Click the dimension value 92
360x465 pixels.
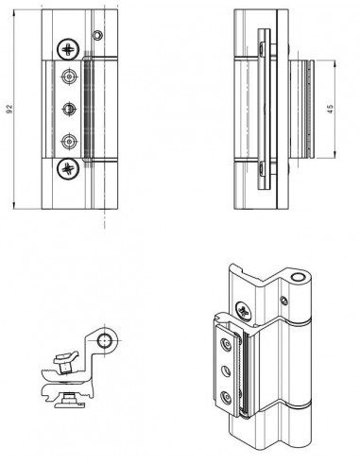9,109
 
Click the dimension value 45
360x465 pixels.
330,109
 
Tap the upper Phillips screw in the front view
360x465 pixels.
68,49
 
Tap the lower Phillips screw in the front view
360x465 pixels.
68,169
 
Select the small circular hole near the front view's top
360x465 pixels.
97,35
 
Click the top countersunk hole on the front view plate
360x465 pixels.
69,77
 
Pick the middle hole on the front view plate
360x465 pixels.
69,109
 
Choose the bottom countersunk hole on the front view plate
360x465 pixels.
68,141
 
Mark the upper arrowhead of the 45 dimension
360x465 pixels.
334,63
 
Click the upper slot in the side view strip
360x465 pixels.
262,48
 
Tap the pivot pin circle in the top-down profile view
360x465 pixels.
104,341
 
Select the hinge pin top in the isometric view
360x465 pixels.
297,278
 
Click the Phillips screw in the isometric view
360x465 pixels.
244,311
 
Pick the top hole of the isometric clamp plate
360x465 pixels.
226,344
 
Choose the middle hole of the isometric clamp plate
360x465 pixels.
226,371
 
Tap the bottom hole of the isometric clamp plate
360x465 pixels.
226,398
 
